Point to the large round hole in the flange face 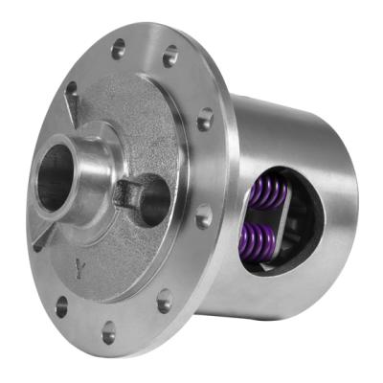click(x=154, y=199)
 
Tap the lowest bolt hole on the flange click(x=108, y=333)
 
